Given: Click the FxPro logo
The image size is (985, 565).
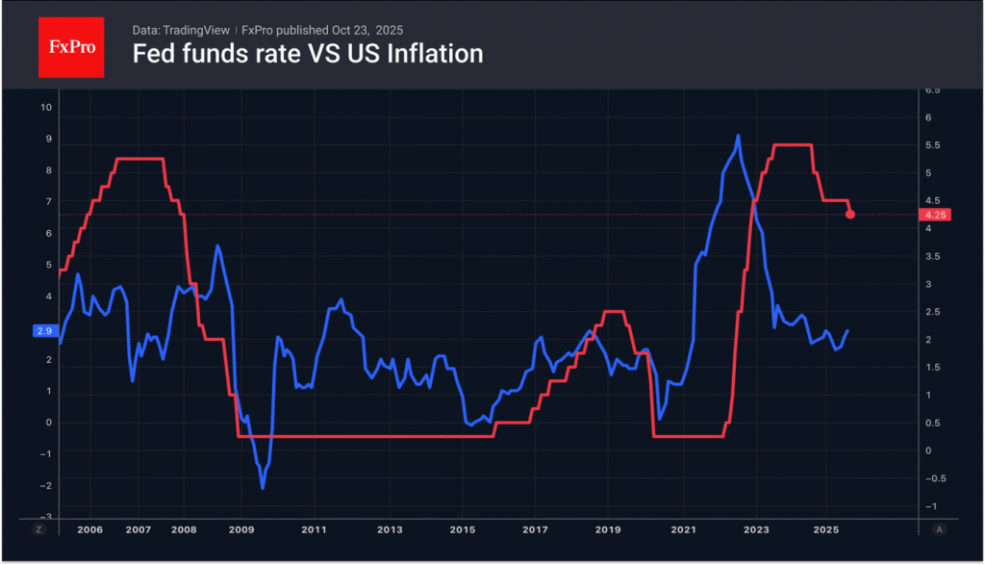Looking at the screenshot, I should (71, 47).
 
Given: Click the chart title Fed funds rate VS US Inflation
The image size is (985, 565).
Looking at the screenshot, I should (307, 55).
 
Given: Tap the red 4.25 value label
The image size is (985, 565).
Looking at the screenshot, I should (932, 215).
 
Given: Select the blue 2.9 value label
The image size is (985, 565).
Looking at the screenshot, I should (44, 330).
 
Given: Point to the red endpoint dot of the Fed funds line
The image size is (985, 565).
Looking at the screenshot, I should (850, 214).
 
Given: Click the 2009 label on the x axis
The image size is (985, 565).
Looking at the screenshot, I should (240, 530).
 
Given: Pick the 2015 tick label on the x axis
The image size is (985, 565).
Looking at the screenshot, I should (463, 530).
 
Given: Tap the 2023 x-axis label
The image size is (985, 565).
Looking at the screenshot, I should (756, 530).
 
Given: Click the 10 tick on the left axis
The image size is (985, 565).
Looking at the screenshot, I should (45, 107).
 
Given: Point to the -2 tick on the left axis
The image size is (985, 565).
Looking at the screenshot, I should (44, 486).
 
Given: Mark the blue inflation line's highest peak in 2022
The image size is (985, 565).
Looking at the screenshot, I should (738, 136).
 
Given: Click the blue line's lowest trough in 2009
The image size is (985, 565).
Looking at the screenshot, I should (263, 488).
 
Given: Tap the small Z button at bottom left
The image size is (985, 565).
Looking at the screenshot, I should (38, 530).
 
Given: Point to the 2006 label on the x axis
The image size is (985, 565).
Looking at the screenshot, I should (89, 530).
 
